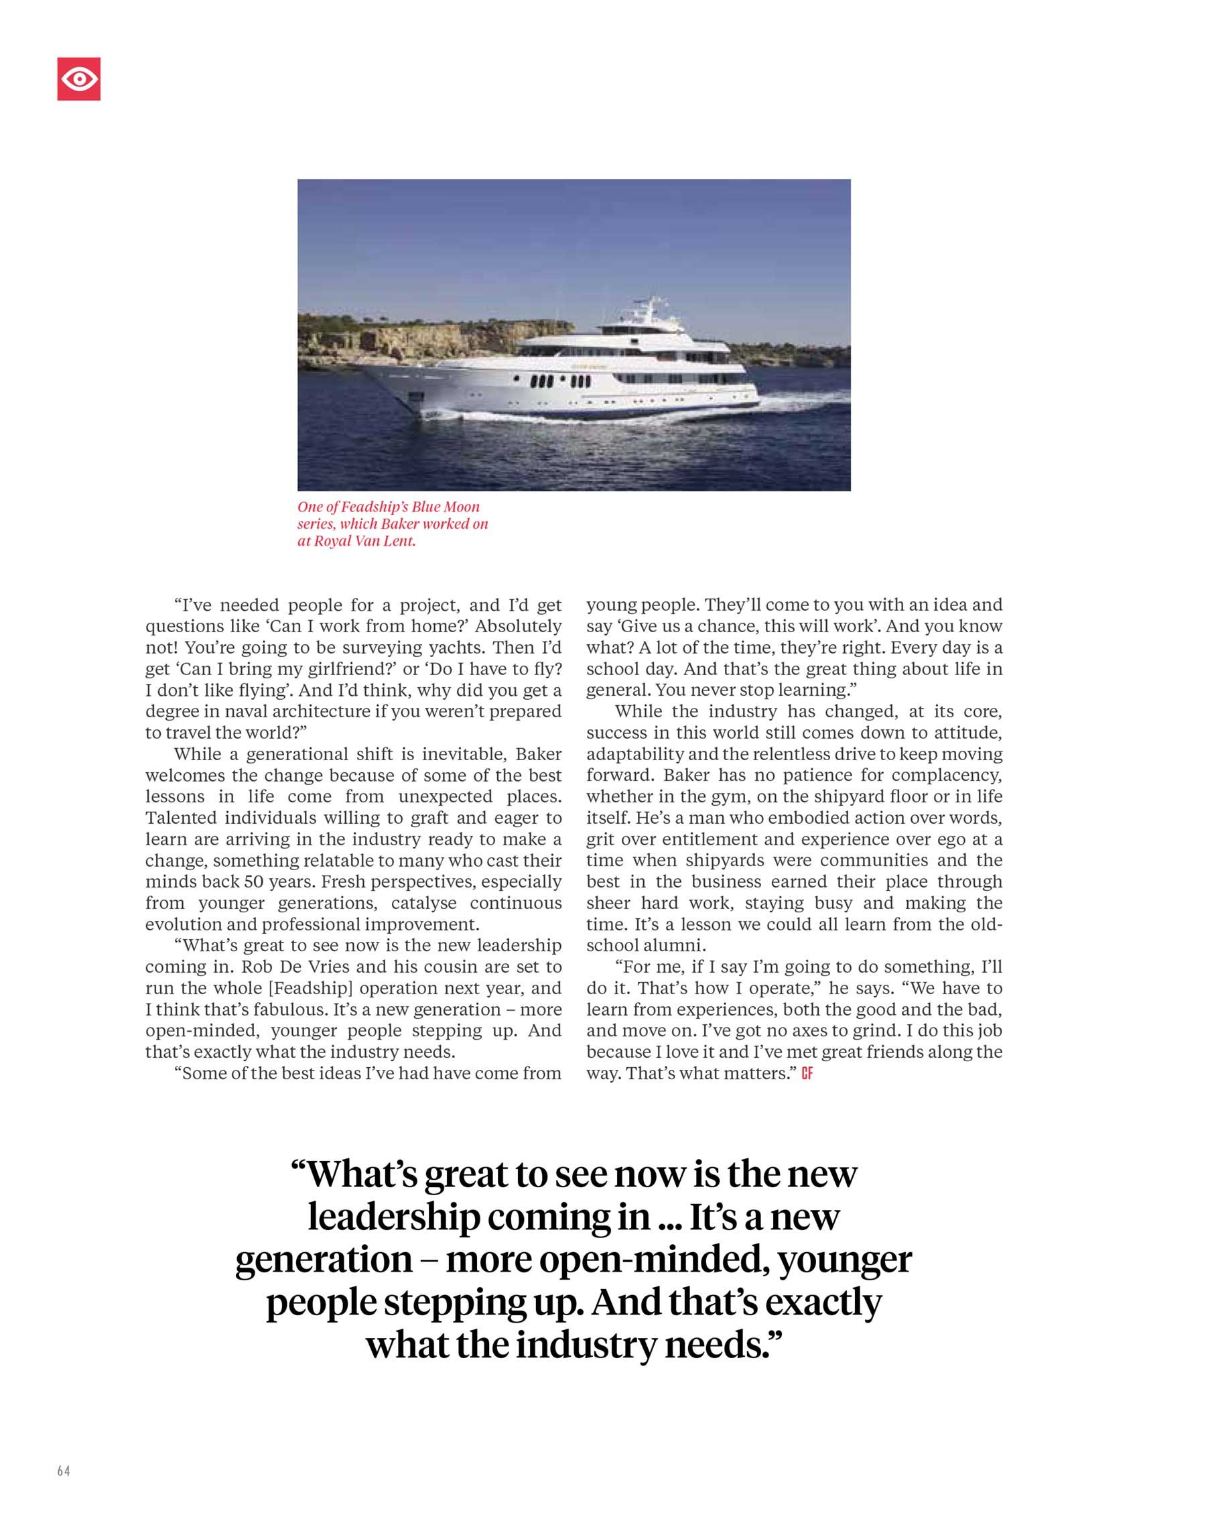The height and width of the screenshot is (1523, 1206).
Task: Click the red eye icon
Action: click(78, 78)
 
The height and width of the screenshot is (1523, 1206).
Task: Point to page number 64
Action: click(64, 1471)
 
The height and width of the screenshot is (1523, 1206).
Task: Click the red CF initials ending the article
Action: click(807, 1074)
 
